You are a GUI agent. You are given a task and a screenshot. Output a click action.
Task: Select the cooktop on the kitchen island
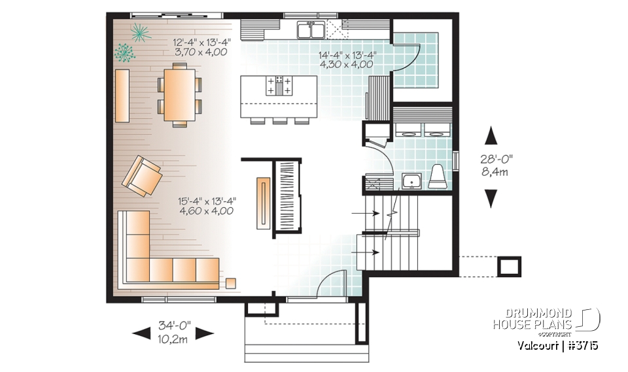[279, 85]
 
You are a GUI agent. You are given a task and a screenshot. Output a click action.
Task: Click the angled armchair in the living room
[142, 177]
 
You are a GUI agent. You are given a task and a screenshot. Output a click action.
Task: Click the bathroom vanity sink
[411, 180]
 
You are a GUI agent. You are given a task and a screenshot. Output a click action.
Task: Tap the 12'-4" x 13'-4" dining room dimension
[200, 47]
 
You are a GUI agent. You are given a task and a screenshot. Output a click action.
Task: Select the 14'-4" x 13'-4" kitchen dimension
[347, 60]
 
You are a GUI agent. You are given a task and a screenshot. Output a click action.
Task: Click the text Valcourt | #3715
[558, 345]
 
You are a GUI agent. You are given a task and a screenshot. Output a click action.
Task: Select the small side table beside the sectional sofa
[231, 283]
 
